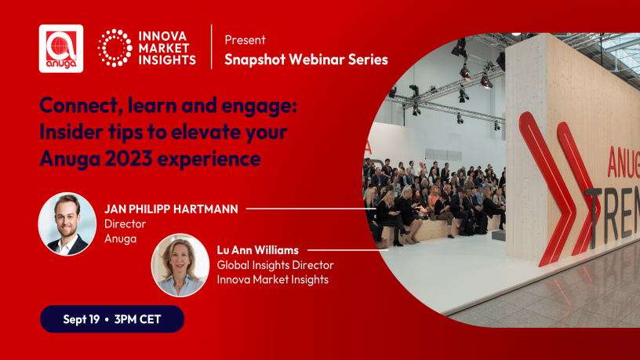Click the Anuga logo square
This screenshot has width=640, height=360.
(61, 49)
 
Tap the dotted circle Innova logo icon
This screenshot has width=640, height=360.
(115, 48)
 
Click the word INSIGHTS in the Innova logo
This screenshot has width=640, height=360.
(167, 60)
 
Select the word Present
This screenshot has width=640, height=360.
(245, 40)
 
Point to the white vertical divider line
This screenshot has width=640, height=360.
(212, 47)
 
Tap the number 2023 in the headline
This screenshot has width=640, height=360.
(129, 158)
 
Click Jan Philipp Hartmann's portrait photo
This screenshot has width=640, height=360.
(67, 224)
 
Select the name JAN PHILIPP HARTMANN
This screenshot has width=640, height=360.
(171, 209)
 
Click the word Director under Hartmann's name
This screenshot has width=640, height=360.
(125, 224)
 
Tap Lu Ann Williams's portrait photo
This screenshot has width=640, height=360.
(180, 265)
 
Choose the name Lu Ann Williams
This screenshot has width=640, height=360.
(257, 249)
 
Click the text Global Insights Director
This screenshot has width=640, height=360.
(275, 265)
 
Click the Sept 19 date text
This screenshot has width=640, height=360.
(82, 319)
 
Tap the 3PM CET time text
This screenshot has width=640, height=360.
(137, 319)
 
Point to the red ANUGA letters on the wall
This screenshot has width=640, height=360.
(624, 162)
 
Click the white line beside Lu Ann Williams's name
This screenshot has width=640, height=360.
(347, 250)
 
